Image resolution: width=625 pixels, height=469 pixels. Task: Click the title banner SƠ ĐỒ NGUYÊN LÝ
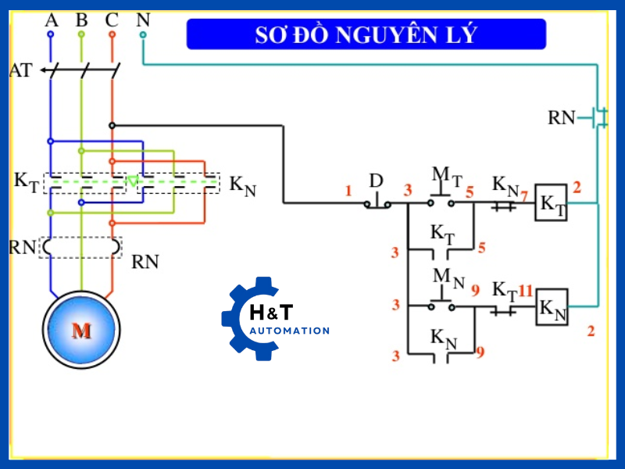[366, 34]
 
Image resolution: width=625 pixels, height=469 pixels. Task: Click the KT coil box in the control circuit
[551, 204]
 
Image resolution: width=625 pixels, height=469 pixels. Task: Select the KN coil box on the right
[551, 307]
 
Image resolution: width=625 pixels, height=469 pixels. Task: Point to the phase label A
[52, 20]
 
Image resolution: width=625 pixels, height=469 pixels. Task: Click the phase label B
[81, 20]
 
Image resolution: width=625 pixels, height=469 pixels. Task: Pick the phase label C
[112, 20]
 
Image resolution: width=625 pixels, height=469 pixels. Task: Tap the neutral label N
[143, 20]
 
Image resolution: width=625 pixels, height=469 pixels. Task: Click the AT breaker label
[20, 70]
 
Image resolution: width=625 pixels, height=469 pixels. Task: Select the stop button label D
[376, 181]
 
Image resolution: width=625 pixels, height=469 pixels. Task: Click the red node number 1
[349, 191]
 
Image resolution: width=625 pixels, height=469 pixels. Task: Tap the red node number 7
[524, 195]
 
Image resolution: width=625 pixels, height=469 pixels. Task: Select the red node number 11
[525, 291]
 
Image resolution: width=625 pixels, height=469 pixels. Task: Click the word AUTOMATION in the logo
[289, 331]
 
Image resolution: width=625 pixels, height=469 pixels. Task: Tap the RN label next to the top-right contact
[561, 118]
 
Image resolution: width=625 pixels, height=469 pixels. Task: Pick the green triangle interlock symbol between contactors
[133, 181]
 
